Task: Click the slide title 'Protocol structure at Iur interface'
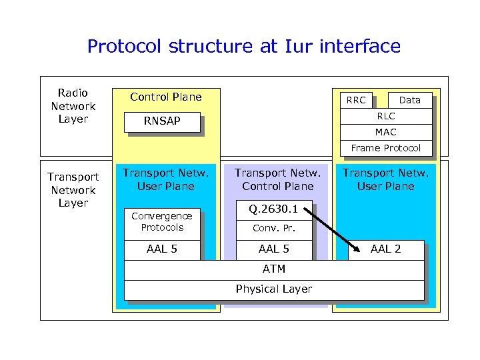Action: click(243, 46)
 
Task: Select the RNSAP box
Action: click(163, 121)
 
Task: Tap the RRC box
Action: click(356, 100)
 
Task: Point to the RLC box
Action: click(385, 116)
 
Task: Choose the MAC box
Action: click(385, 132)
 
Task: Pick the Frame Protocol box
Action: click(385, 148)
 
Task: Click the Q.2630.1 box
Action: click(274, 209)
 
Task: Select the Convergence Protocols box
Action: click(161, 221)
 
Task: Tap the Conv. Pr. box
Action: click(274, 229)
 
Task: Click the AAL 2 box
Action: click(385, 249)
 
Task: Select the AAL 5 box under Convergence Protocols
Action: click(161, 249)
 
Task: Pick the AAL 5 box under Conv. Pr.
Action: click(274, 249)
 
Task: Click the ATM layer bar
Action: click(274, 269)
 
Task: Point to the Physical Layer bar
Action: click(274, 289)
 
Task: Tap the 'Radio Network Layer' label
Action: click(73, 106)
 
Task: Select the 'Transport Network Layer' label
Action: click(73, 190)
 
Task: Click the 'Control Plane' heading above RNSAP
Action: click(165, 97)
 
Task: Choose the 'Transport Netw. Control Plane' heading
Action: click(277, 180)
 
